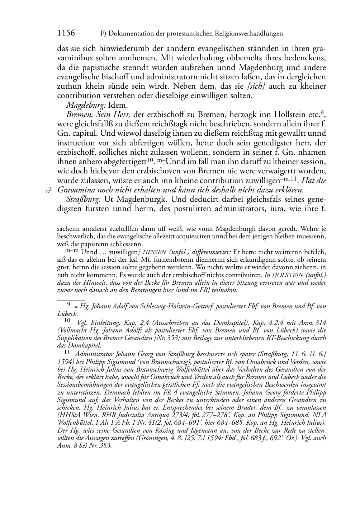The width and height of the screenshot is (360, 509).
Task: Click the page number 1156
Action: point(66,33)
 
